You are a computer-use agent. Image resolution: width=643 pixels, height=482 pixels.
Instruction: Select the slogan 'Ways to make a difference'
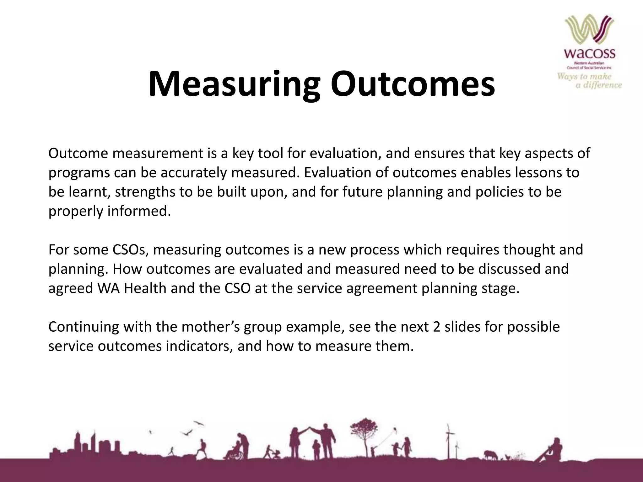(x=589, y=81)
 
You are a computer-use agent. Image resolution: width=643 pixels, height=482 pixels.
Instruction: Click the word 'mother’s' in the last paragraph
(x=210, y=327)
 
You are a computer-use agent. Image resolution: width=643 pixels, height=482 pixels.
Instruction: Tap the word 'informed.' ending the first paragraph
(x=139, y=211)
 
